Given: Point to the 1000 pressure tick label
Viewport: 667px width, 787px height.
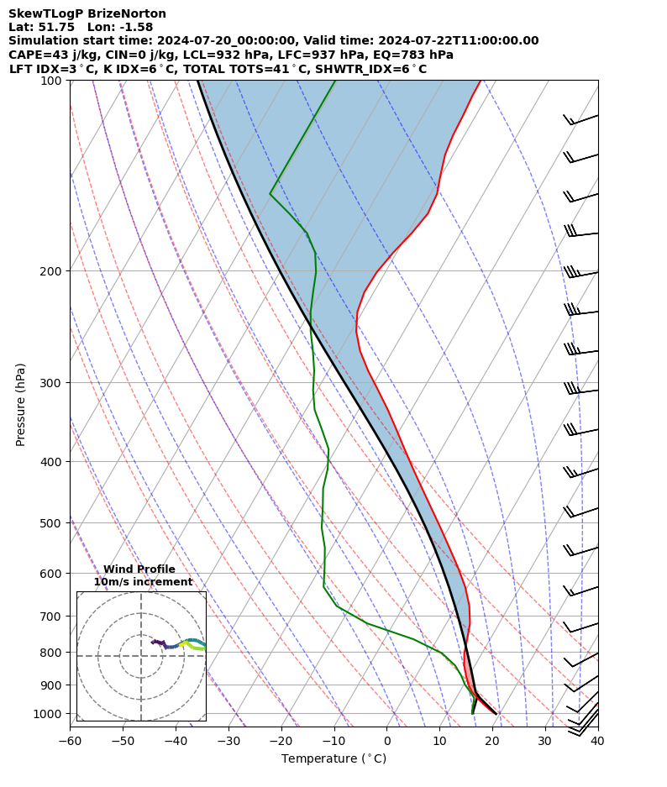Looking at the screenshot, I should [x=49, y=714].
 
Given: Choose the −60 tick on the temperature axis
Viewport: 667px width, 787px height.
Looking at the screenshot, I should [x=70, y=742].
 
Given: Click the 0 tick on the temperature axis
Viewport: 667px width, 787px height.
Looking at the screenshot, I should [x=387, y=742].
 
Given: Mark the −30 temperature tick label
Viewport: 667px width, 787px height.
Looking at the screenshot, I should [x=228, y=742].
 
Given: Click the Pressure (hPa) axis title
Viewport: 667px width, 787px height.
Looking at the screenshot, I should [x=21, y=404].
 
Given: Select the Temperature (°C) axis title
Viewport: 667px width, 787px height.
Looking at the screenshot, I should [x=333, y=759].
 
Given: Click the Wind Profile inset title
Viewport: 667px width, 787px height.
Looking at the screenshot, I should [x=139, y=569].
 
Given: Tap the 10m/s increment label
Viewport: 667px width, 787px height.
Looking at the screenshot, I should [x=143, y=582].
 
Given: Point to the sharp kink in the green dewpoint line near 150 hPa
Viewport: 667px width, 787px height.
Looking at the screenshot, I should [x=270, y=194].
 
